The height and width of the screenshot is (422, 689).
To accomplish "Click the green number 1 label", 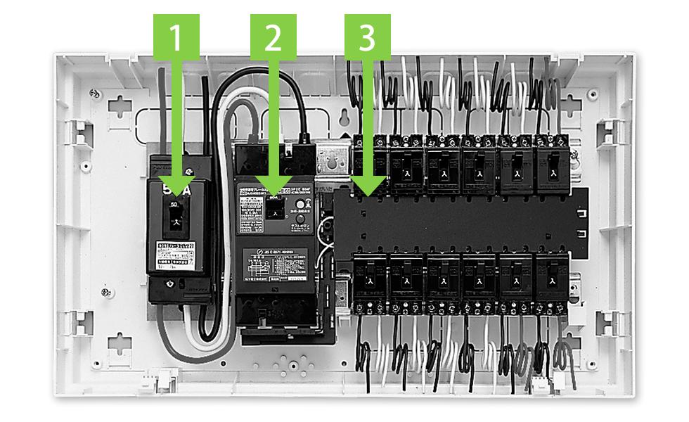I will click(176, 37).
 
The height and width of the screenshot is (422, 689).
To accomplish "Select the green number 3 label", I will click(367, 37).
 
